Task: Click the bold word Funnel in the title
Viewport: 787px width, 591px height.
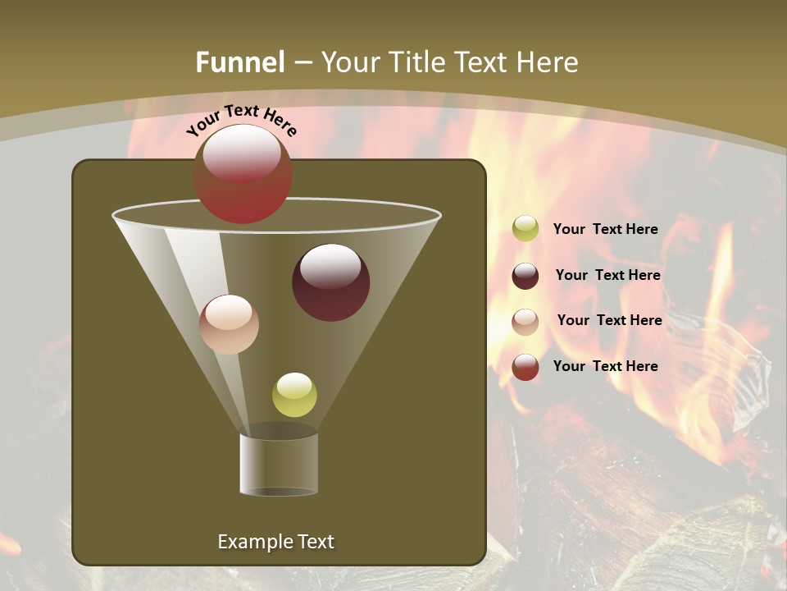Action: [239, 62]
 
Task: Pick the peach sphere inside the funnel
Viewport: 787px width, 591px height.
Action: [229, 325]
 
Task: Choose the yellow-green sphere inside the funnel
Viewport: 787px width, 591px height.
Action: [294, 395]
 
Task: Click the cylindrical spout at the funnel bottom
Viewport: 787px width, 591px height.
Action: [279, 464]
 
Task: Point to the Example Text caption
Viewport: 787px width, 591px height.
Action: [275, 542]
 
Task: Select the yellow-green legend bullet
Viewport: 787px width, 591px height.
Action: [525, 229]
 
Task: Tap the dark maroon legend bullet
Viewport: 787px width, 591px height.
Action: [525, 276]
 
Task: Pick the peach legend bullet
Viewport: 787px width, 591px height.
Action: [525, 321]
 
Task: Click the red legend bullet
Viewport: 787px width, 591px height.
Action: [525, 367]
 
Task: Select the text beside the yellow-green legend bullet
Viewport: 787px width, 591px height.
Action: [605, 229]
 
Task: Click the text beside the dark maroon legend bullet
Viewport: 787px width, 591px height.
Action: [607, 275]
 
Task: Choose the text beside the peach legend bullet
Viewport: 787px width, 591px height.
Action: [609, 320]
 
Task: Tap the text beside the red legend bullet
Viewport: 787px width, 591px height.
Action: [605, 366]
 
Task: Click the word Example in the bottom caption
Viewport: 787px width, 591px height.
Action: [250, 542]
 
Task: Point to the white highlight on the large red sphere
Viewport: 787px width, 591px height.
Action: [241, 152]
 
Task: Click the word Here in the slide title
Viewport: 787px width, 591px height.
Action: [546, 62]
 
